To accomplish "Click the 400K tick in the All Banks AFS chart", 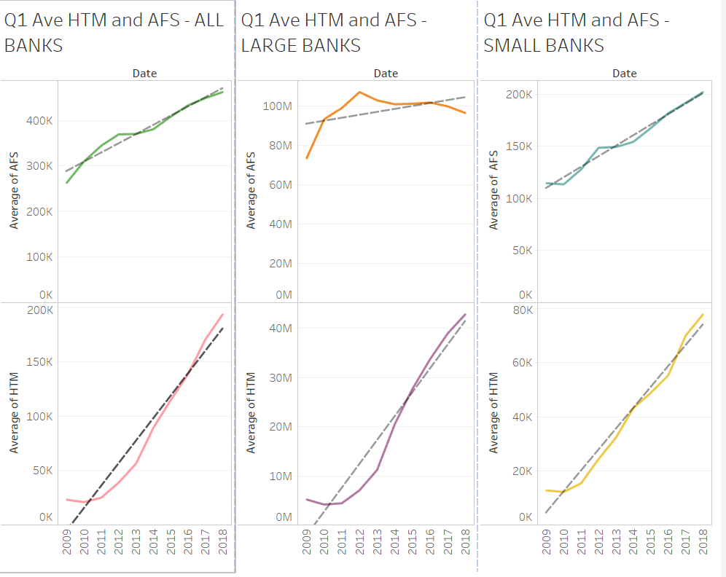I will coord(39,120).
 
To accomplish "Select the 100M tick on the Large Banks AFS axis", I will coord(278,106).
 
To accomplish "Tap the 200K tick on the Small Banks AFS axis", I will coord(520,94).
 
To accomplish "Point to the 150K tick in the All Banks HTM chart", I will coord(39,362).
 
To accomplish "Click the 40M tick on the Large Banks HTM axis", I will coord(281,328).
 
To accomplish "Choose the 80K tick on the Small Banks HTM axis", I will coord(523,310).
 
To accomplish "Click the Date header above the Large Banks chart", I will coord(386,73).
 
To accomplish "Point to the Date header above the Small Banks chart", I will coord(625,73).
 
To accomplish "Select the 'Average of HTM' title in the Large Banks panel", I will coord(251,412).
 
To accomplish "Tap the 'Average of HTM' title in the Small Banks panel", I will coord(493,412).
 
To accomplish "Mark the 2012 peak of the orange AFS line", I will coord(359,92).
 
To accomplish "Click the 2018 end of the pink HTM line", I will coord(223,314).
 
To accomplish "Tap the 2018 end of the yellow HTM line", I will coord(703,314).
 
